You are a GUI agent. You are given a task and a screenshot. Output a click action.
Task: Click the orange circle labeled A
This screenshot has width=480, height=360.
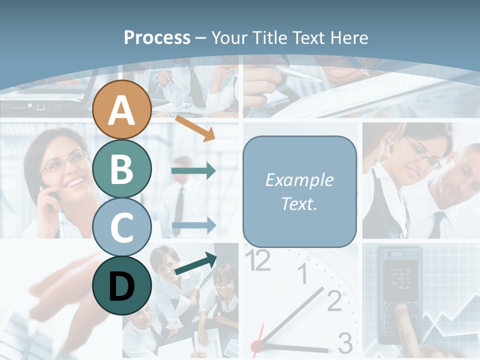122,110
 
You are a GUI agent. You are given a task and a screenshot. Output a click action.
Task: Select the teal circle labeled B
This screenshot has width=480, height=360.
122,169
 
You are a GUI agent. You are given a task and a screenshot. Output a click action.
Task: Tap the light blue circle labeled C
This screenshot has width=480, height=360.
122,227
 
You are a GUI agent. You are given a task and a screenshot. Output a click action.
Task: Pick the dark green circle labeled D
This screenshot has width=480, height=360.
122,285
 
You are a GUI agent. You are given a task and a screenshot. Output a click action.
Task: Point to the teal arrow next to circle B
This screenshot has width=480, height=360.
193,171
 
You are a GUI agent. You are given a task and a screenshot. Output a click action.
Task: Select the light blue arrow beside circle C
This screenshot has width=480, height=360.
193,225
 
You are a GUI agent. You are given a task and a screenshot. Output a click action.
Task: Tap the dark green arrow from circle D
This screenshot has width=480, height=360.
195,264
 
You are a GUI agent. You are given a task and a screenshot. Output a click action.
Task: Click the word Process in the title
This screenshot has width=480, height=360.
157,37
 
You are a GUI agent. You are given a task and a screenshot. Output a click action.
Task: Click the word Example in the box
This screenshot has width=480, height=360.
299,180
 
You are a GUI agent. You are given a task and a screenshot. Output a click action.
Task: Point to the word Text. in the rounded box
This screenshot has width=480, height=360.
299,203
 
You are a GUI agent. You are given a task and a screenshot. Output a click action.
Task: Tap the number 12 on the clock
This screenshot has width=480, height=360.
258,260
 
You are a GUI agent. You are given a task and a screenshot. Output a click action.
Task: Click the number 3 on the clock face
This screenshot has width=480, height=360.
345,343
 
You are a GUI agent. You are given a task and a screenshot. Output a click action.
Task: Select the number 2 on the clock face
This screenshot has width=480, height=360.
334,300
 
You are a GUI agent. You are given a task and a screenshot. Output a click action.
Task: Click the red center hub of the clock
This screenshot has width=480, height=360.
257,345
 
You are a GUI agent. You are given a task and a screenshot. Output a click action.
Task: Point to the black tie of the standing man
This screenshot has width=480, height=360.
178,210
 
